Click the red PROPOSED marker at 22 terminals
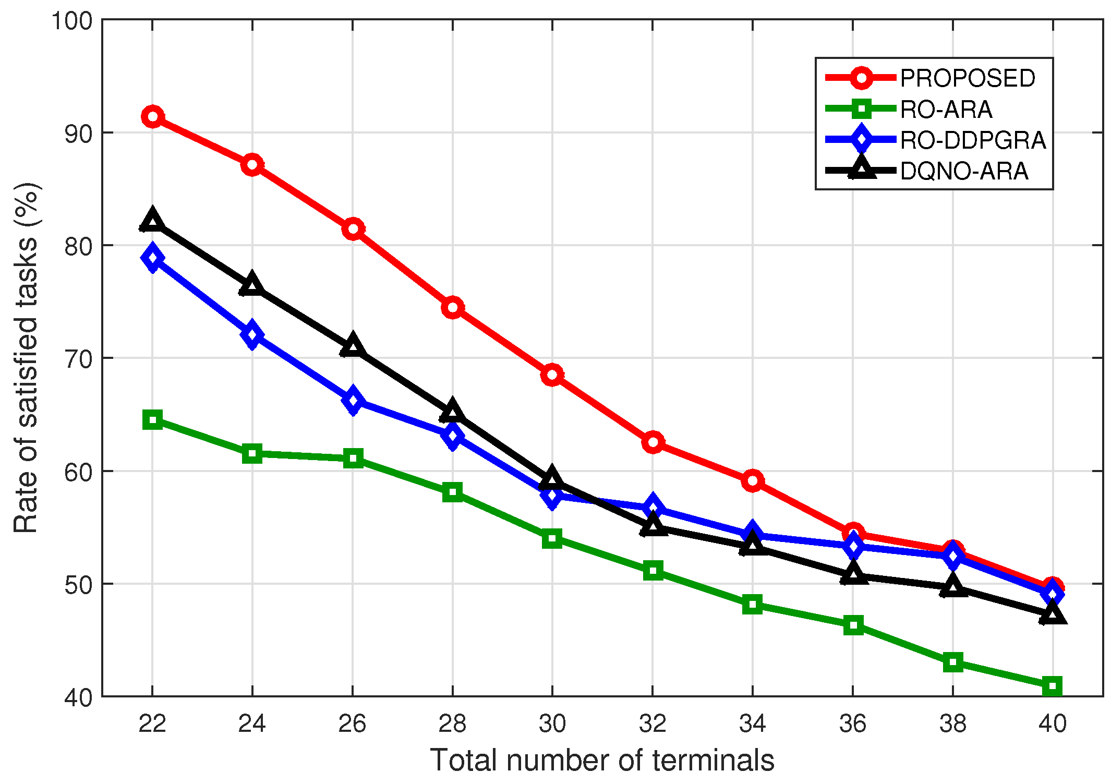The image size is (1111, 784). point(152,117)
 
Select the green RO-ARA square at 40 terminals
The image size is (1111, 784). point(1052,686)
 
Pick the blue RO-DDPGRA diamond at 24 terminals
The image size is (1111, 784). point(252,334)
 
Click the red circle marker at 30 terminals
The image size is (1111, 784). point(552,375)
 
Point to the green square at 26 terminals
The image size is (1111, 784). point(353,459)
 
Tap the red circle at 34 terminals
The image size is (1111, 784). point(752,480)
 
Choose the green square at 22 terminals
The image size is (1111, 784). point(152,419)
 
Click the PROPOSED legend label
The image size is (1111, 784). point(968,79)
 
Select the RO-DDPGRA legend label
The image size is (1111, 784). point(973,140)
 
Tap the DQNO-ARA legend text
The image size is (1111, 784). point(964,172)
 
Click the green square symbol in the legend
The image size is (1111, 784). point(861,109)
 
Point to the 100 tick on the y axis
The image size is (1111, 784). point(71,21)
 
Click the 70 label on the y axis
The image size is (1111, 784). point(78,359)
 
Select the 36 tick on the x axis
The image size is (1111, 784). point(852,724)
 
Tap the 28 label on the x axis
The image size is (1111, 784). point(452,724)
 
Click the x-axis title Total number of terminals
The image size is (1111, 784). point(602,760)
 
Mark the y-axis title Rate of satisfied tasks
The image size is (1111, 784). point(26,358)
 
